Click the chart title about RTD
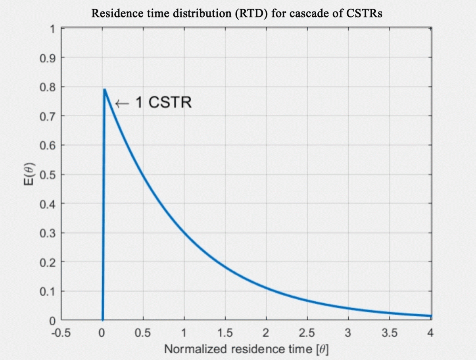(x=237, y=13)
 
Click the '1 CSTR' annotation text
(x=163, y=103)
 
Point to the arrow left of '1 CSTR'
(x=122, y=104)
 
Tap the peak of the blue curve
(x=105, y=90)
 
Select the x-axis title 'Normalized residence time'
(x=246, y=349)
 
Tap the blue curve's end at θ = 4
(x=430, y=316)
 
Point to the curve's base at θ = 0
(x=103, y=320)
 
